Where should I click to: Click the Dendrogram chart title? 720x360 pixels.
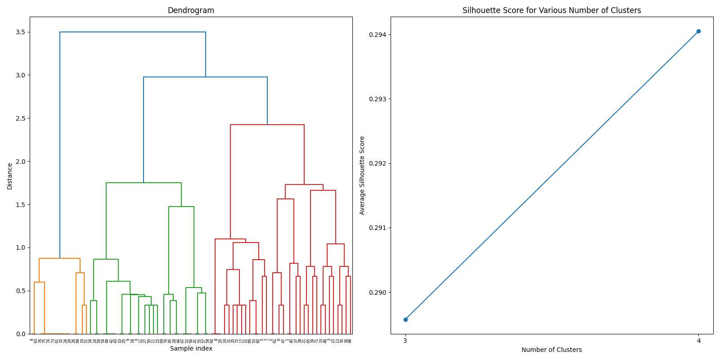pos(191,10)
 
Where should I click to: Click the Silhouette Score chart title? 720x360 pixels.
pos(552,10)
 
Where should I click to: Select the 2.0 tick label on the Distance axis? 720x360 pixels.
pos(20,162)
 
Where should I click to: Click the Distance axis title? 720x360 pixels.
pos(10,176)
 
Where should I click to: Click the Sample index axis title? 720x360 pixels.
pos(191,348)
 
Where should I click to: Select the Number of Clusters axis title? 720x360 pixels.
pos(552,350)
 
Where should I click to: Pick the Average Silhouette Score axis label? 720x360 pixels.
pos(362,175)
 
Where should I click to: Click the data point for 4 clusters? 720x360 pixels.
pos(698,31)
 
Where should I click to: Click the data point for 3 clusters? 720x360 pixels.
pos(405,319)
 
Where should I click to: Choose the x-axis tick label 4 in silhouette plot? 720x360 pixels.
pos(698,341)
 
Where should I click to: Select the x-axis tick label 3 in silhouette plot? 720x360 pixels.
pos(405,341)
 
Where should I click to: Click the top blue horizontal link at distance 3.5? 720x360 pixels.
pos(133,32)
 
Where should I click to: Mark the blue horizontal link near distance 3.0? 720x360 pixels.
pos(205,77)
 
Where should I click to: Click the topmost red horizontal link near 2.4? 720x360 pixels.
pos(267,125)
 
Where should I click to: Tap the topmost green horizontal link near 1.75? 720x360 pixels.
pos(144,183)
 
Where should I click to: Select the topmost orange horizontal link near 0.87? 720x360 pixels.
pos(59,258)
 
